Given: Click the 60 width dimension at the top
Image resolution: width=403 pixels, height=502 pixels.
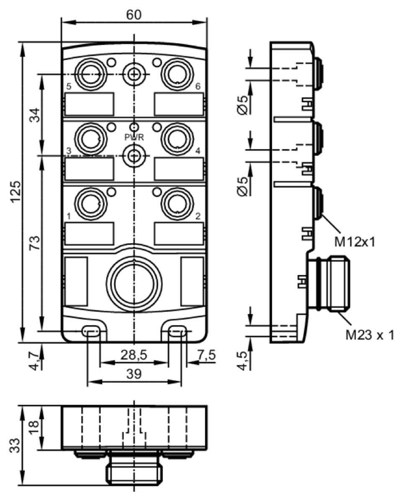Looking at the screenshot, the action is pyautogui.click(x=134, y=15).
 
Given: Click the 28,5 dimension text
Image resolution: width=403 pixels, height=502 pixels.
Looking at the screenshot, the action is pyautogui.click(x=134, y=355).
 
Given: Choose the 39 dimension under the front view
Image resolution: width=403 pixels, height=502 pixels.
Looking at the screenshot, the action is pyautogui.click(x=134, y=374).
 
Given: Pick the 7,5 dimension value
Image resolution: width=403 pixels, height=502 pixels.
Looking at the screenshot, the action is pyautogui.click(x=207, y=355).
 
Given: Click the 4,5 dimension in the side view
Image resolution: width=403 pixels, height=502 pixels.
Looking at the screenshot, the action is pyautogui.click(x=243, y=361).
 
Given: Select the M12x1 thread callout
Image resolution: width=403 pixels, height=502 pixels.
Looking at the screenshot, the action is pyautogui.click(x=355, y=242).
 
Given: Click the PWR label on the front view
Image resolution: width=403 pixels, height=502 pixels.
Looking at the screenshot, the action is pyautogui.click(x=134, y=138).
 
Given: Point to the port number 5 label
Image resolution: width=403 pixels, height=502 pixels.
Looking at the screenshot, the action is pyautogui.click(x=69, y=87).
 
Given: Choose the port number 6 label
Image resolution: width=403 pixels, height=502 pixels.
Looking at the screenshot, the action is pyautogui.click(x=198, y=87).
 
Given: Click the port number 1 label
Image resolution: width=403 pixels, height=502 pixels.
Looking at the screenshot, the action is pyautogui.click(x=69, y=216).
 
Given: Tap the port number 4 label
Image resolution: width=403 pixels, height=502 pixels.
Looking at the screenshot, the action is pyautogui.click(x=198, y=151).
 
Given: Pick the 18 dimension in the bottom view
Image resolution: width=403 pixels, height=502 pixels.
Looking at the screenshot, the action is pyautogui.click(x=34, y=427).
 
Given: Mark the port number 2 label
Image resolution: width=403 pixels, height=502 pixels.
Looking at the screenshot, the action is pyautogui.click(x=198, y=216).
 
